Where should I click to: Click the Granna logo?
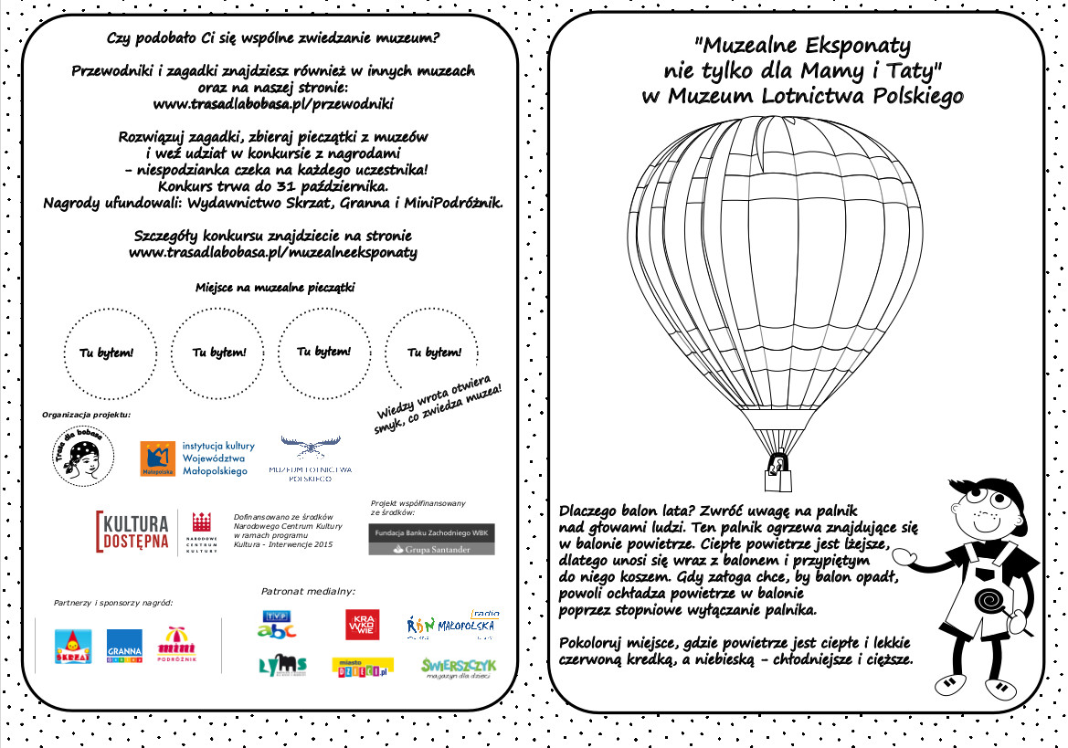pyautogui.click(x=123, y=644)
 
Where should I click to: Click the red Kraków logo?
pyautogui.click(x=362, y=625)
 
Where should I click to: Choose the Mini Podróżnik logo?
pyautogui.click(x=176, y=644)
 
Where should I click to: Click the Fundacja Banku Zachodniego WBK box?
pyautogui.click(x=431, y=539)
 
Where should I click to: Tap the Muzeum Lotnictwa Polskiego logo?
pyautogui.click(x=310, y=459)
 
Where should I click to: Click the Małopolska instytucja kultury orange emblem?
pyautogui.click(x=157, y=458)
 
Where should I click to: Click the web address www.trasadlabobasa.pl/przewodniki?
pyautogui.click(x=273, y=103)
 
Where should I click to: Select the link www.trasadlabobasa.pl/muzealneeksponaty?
pyautogui.click(x=273, y=252)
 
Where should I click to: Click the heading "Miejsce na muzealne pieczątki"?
pyautogui.click(x=275, y=288)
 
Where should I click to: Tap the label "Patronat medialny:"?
pyautogui.click(x=308, y=591)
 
